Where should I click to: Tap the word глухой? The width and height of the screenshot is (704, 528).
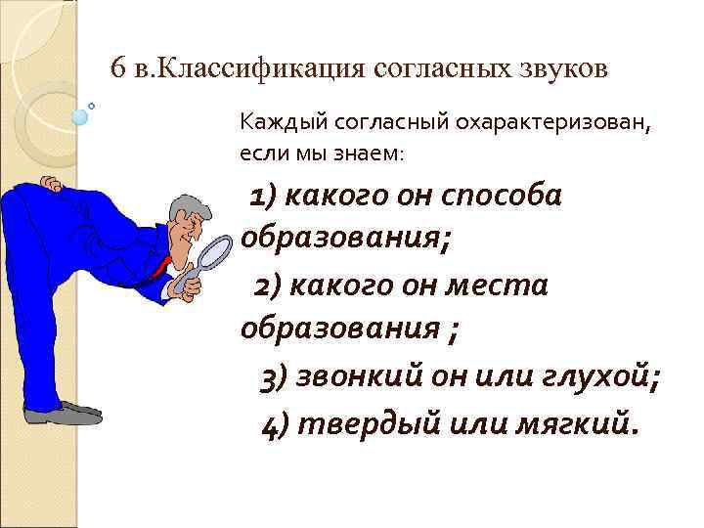tap(598, 376)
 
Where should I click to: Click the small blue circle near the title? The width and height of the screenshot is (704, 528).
tap(80, 116)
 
